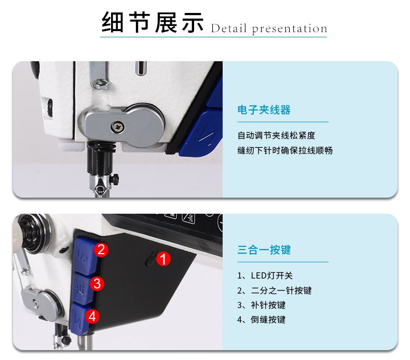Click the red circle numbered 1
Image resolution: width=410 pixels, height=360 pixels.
(163, 259)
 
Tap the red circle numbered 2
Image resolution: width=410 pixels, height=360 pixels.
(101, 250)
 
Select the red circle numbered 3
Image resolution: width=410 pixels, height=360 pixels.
(97, 284)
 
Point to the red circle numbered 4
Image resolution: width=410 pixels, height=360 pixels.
(92, 316)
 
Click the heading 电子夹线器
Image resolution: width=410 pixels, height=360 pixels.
(264, 110)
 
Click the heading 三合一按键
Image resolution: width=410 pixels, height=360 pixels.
(264, 250)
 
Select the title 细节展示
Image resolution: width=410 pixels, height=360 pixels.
(153, 22)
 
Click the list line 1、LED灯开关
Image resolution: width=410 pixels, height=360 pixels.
(265, 275)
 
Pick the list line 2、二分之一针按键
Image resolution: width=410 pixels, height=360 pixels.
(275, 290)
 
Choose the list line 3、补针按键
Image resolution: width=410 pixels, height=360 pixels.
(261, 305)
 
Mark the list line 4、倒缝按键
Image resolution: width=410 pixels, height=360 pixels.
(261, 320)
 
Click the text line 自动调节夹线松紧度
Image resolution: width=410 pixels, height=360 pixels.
(277, 135)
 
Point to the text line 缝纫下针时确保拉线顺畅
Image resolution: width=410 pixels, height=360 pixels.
(285, 150)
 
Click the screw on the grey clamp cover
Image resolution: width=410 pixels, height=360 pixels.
(118, 127)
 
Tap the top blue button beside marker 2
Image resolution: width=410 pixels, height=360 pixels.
(85, 255)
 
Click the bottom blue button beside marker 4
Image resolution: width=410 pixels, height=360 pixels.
(78, 319)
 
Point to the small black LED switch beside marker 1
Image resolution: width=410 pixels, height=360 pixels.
(151, 259)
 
